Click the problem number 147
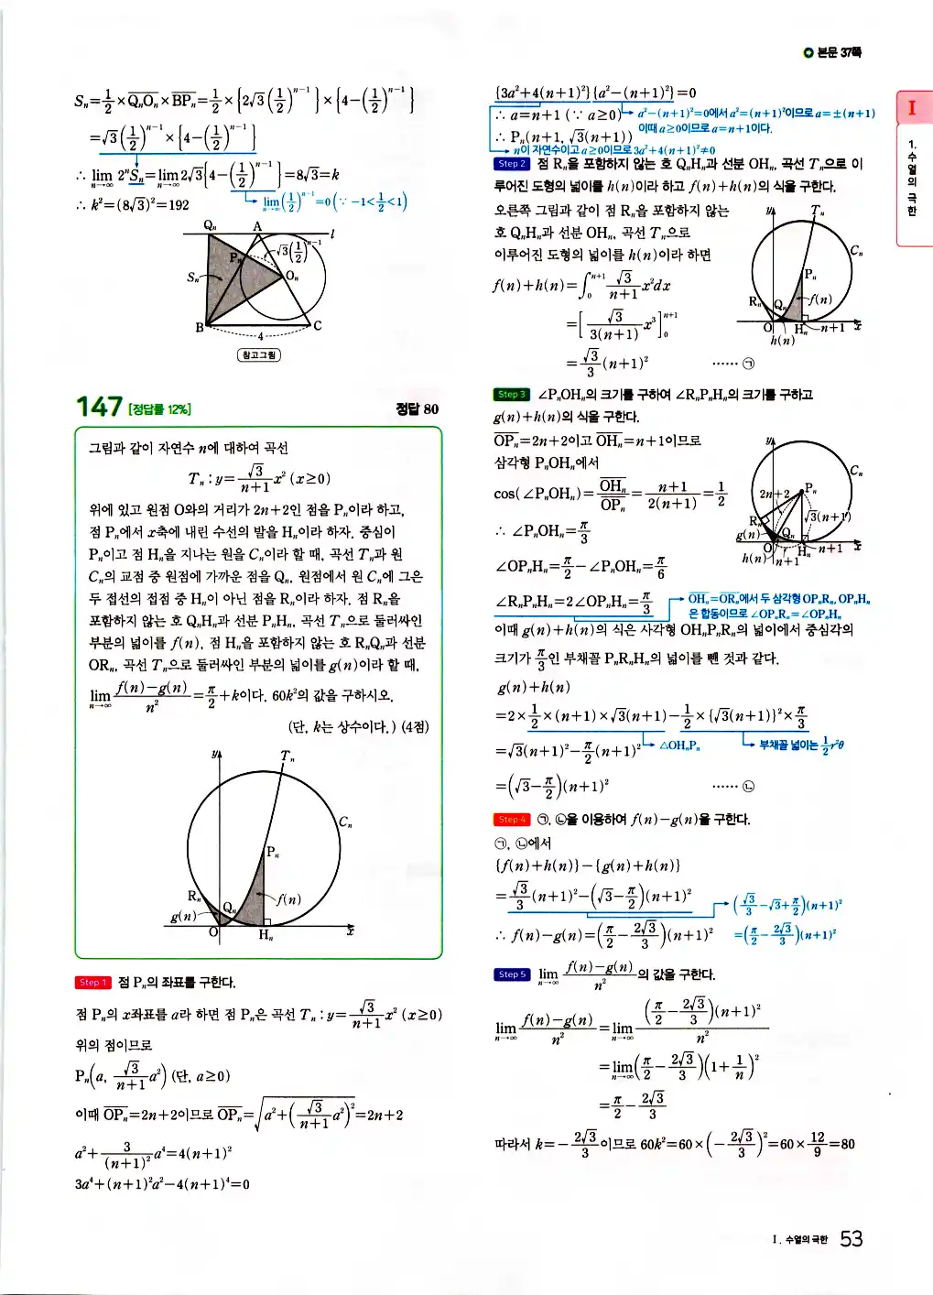pyautogui.click(x=98, y=407)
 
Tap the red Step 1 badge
pyautogui.click(x=92, y=983)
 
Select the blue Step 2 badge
pyautogui.click(x=511, y=164)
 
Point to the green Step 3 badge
pyautogui.click(x=511, y=395)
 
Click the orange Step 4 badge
pyautogui.click(x=511, y=820)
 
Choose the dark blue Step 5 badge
pyautogui.click(x=511, y=974)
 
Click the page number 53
pyautogui.click(x=851, y=1239)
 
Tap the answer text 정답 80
pyautogui.click(x=417, y=409)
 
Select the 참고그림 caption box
pyautogui.click(x=259, y=354)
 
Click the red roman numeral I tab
pyautogui.click(x=912, y=108)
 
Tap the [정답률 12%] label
pyautogui.click(x=160, y=409)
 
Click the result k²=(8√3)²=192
pyautogui.click(x=133, y=204)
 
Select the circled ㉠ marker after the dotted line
pyautogui.click(x=748, y=364)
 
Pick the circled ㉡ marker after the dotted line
pyautogui.click(x=748, y=786)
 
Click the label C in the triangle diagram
pyautogui.click(x=318, y=326)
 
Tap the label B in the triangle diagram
pyautogui.click(x=199, y=327)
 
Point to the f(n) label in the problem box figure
pyautogui.click(x=288, y=899)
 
